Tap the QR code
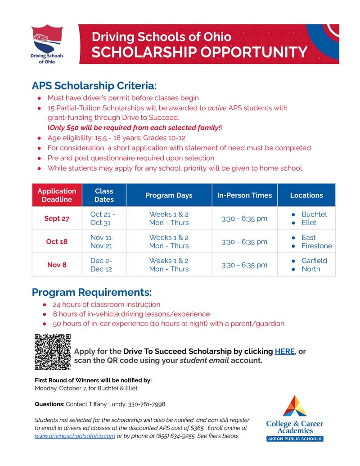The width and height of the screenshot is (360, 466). pos(53,352)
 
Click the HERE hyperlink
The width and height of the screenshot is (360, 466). pos(284,351)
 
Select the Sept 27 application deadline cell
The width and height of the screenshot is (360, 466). pos(57,218)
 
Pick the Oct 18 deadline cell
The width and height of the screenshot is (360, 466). pos(57,241)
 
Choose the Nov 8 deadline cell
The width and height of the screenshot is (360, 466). pos(57,265)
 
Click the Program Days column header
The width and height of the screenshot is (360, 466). pos(169,195)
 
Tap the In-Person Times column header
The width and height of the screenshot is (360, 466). pos(244,195)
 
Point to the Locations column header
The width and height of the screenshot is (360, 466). pos(306,195)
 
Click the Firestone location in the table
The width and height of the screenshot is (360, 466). pos(317,246)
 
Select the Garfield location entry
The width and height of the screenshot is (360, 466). pos(314,261)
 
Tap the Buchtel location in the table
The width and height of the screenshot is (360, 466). pos(314,214)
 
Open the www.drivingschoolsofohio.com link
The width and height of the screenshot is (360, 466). pos(75,436)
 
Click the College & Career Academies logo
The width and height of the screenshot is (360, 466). pos(295,418)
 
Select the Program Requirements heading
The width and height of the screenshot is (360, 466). pos(92,292)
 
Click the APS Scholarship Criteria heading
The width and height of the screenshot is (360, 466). pos(94,86)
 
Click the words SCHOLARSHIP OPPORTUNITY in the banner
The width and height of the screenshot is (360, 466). pos(199,52)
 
